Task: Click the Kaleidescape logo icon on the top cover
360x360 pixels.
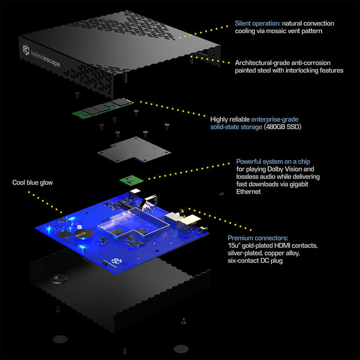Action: tap(26, 50)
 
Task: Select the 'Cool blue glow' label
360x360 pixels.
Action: tap(32, 182)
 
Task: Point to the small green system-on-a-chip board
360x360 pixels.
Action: tap(131, 179)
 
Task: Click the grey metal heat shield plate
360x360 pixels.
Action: tap(134, 149)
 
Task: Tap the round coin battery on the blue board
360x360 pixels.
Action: tap(83, 234)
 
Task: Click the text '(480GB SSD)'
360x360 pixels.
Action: tap(283, 127)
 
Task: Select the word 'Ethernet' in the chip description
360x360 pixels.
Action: tap(248, 192)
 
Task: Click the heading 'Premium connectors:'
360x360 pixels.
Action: tap(258, 238)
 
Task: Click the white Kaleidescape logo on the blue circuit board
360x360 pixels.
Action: tap(116, 261)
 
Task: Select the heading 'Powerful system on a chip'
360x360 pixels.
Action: tap(273, 161)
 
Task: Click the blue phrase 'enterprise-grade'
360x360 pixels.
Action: tap(275, 119)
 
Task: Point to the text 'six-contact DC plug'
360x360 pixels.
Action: tap(255, 260)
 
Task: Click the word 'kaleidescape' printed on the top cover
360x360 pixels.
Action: tap(46, 58)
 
